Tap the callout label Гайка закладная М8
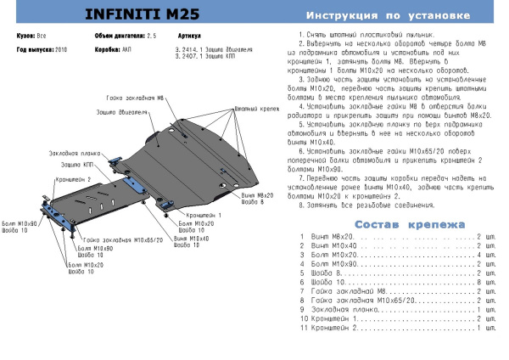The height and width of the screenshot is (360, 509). click(x=135, y=98)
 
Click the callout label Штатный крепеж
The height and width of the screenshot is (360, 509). click(x=252, y=110)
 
